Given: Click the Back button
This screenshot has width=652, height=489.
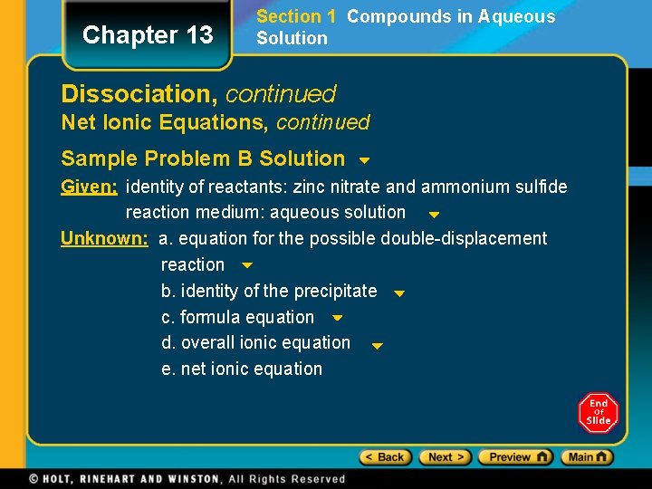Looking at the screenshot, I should [386, 457].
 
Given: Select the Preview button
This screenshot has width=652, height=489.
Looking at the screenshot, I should [514, 457].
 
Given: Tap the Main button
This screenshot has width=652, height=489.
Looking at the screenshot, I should [587, 457].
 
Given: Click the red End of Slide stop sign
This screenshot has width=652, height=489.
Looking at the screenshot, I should [598, 413].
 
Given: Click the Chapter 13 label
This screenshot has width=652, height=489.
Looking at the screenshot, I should [148, 35].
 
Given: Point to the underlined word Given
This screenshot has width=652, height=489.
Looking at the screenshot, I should [89, 187].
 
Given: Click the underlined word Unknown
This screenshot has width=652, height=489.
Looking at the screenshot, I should [104, 239].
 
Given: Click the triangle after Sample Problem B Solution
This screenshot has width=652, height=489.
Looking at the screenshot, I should [364, 161].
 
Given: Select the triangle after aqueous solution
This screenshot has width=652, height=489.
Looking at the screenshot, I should [434, 216].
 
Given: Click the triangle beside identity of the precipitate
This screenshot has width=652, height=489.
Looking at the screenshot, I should [399, 293].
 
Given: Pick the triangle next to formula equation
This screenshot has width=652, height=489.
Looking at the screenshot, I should [337, 319].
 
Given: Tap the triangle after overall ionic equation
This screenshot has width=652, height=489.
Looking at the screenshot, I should [379, 345].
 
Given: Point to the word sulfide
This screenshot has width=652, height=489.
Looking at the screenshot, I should [542, 187].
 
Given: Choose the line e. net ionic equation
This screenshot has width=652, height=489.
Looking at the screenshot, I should [242, 369].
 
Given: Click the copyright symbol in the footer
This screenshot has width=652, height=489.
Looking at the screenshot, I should [34, 479].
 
